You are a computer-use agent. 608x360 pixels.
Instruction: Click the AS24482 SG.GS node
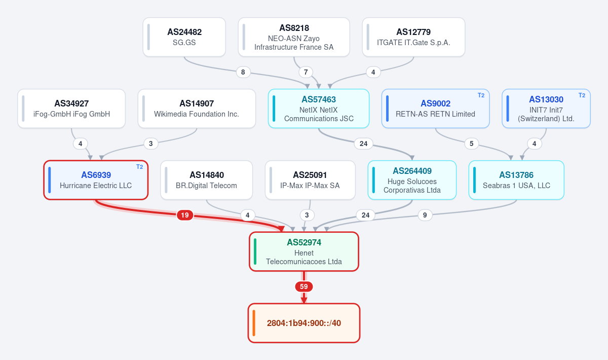(184, 37)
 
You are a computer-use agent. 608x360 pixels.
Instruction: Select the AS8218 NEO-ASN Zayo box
(294, 37)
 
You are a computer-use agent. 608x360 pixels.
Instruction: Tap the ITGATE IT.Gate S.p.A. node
(413, 37)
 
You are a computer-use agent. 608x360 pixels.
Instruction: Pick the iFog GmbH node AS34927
(71, 109)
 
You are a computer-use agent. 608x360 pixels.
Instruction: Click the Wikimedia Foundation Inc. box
(197, 109)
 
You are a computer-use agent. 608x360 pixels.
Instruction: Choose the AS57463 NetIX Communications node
(319, 109)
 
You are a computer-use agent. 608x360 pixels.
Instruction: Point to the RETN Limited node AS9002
(435, 109)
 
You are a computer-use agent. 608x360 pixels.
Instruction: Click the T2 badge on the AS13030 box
(582, 95)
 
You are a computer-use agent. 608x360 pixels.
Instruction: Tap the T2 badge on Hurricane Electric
(139, 167)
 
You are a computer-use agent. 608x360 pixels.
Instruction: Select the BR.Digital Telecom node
(207, 180)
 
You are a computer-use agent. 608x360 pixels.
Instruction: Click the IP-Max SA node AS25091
(310, 180)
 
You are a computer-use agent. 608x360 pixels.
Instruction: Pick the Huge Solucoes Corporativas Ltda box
(412, 180)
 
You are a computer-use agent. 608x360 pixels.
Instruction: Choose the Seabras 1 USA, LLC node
(516, 180)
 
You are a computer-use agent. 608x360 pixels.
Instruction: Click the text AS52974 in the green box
(304, 242)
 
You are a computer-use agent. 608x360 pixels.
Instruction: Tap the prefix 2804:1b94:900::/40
(304, 323)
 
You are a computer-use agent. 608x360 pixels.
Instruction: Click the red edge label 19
(185, 215)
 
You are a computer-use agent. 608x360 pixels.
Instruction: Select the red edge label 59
(304, 286)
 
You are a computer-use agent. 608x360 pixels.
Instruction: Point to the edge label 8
(243, 73)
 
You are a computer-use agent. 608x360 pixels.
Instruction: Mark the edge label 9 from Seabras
(425, 215)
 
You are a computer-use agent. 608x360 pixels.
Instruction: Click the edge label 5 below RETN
(472, 143)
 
